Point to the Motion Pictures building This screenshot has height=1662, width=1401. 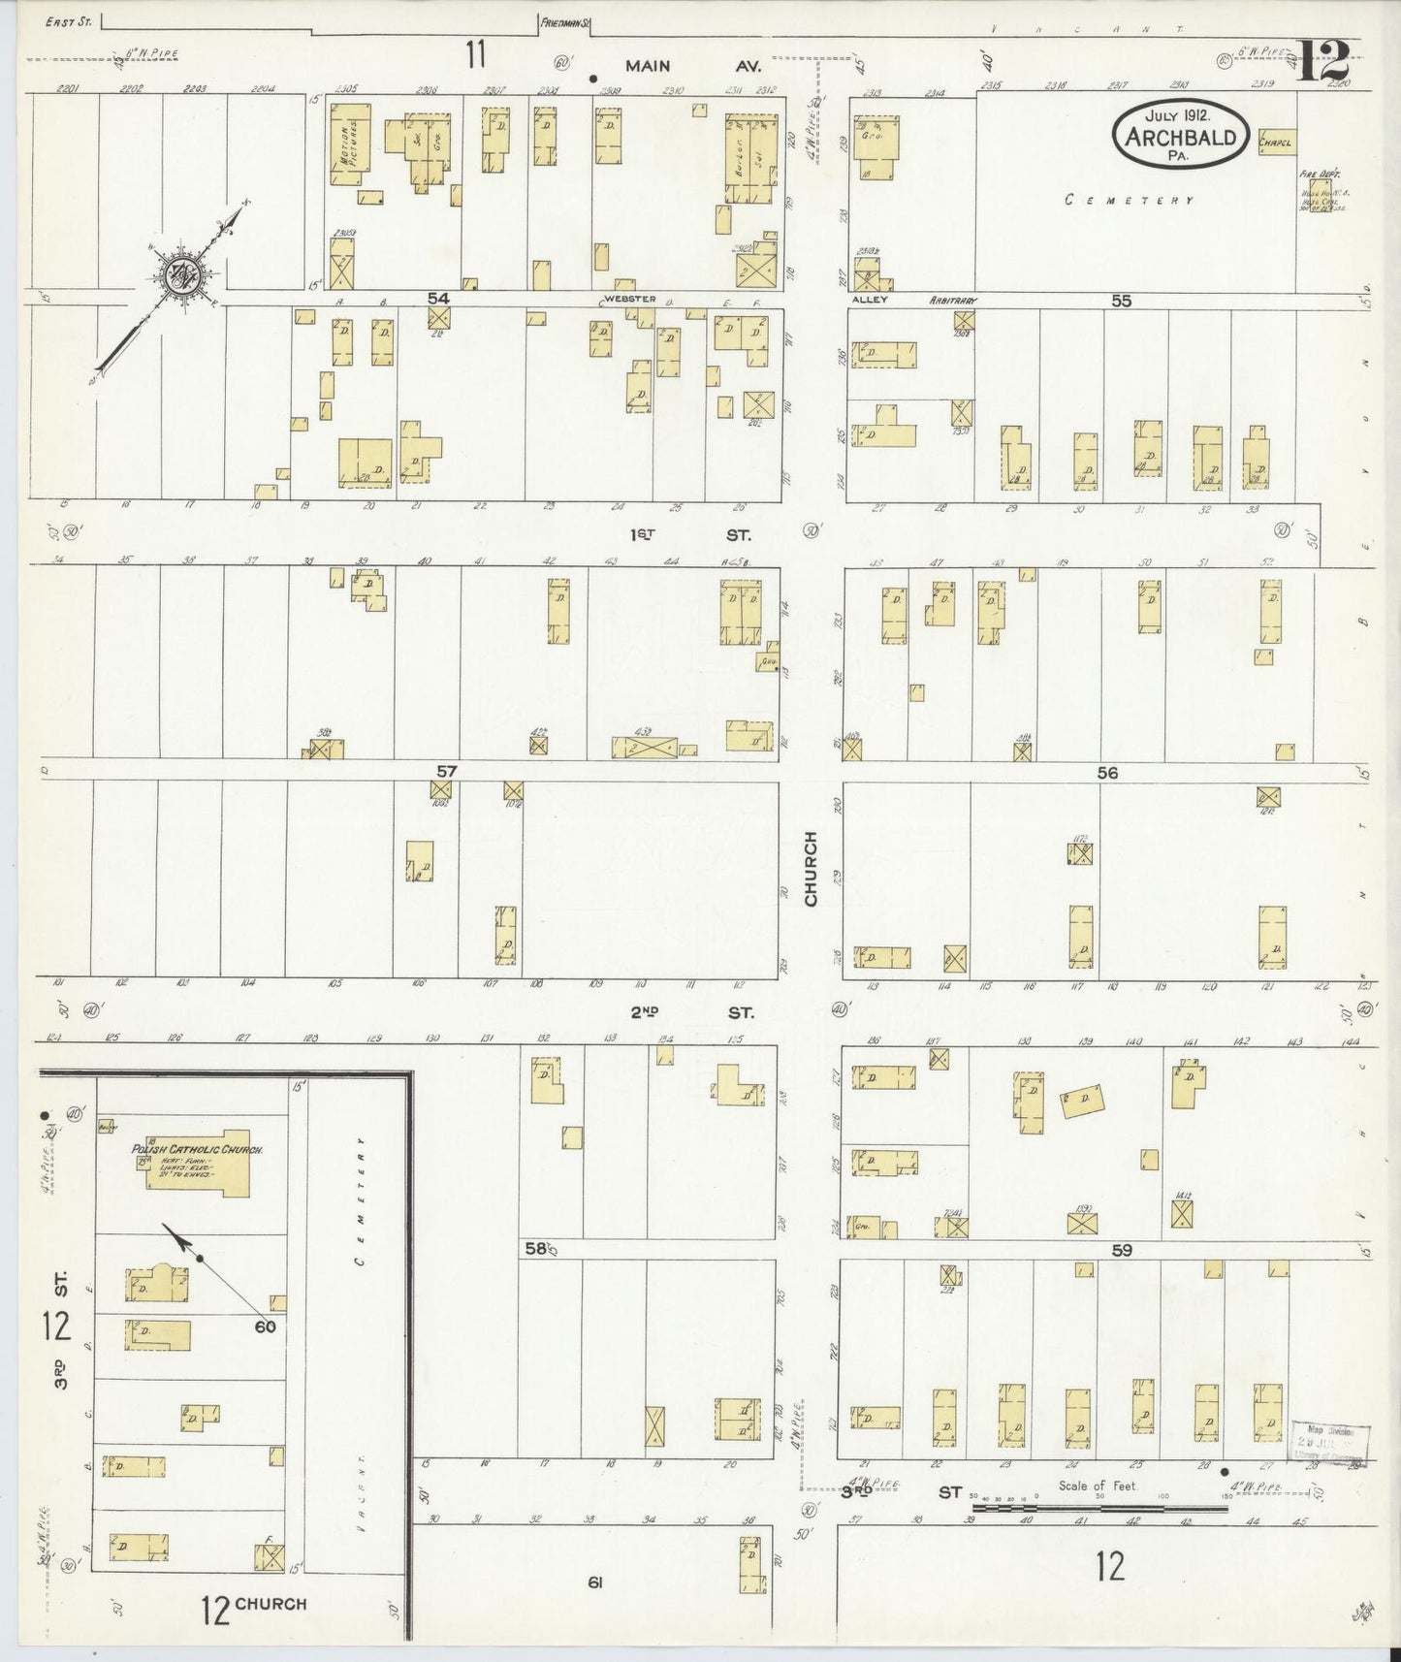tap(349, 143)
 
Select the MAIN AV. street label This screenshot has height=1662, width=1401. tap(692, 66)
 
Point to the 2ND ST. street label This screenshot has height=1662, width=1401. tap(690, 1012)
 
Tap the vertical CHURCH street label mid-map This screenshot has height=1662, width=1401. tap(811, 868)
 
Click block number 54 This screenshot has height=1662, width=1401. tap(438, 299)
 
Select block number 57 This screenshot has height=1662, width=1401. tap(446, 771)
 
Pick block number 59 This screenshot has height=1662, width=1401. tap(1122, 1251)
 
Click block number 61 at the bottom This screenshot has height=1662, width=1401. tap(594, 1583)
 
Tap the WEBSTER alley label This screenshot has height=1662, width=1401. tap(630, 299)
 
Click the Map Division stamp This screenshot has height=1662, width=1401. tap(1329, 1442)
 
